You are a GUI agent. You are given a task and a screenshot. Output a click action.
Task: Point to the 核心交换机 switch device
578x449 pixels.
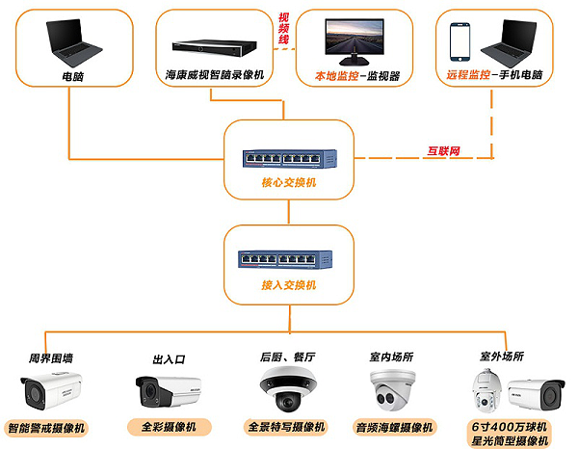tap(285, 154)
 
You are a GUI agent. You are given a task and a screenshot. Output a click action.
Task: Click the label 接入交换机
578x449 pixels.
tap(285, 286)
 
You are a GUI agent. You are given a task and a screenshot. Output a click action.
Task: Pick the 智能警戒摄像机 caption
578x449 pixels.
tap(46, 427)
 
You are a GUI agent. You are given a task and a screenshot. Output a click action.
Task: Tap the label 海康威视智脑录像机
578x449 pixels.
tap(215, 74)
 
